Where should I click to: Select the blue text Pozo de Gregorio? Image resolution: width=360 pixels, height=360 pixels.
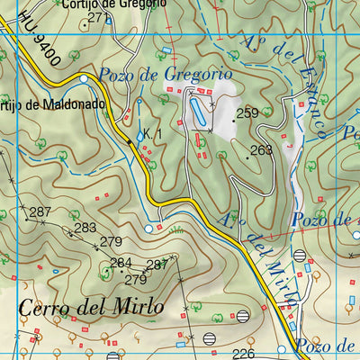[x=166, y=75]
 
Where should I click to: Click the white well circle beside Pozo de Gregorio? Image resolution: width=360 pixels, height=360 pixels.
[x=84, y=79]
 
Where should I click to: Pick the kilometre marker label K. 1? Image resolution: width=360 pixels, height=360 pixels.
[x=151, y=135]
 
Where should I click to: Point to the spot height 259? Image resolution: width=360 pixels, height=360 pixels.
[x=247, y=113]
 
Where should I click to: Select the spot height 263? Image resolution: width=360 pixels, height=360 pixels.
[x=261, y=150]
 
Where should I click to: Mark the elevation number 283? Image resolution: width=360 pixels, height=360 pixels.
[x=85, y=228]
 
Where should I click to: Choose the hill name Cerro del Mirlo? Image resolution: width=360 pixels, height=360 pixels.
[x=90, y=307]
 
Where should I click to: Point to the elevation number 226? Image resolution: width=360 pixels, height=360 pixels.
[x=244, y=354]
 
